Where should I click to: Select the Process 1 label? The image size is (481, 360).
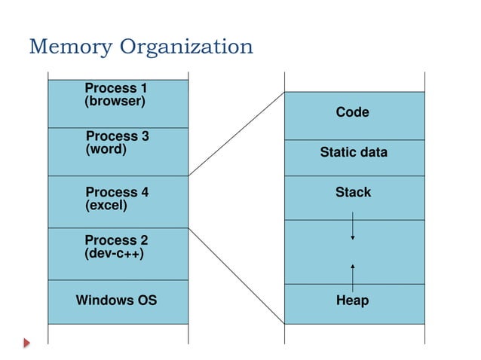tap(115, 89)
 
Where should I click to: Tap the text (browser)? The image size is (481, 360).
tap(115, 101)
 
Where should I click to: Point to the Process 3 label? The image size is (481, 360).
tap(117, 136)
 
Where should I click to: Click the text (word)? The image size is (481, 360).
tap(106, 149)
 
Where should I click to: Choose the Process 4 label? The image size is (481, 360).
tap(117, 192)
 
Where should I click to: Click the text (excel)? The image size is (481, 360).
tap(106, 205)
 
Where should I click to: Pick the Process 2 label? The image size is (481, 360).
tap(116, 240)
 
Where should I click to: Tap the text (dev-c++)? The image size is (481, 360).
tap(114, 254)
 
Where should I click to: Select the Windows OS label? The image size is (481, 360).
tap(116, 301)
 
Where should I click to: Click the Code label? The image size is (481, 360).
tap(352, 112)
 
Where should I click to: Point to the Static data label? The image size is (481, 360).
tap(354, 152)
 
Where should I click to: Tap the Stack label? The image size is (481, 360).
tap(353, 192)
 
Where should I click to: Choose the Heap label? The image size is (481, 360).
tap(352, 301)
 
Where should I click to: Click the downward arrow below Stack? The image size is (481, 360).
tap(352, 227)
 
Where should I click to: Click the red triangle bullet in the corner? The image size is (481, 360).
tap(27, 343)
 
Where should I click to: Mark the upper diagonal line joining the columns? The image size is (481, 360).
tap(236, 134)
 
